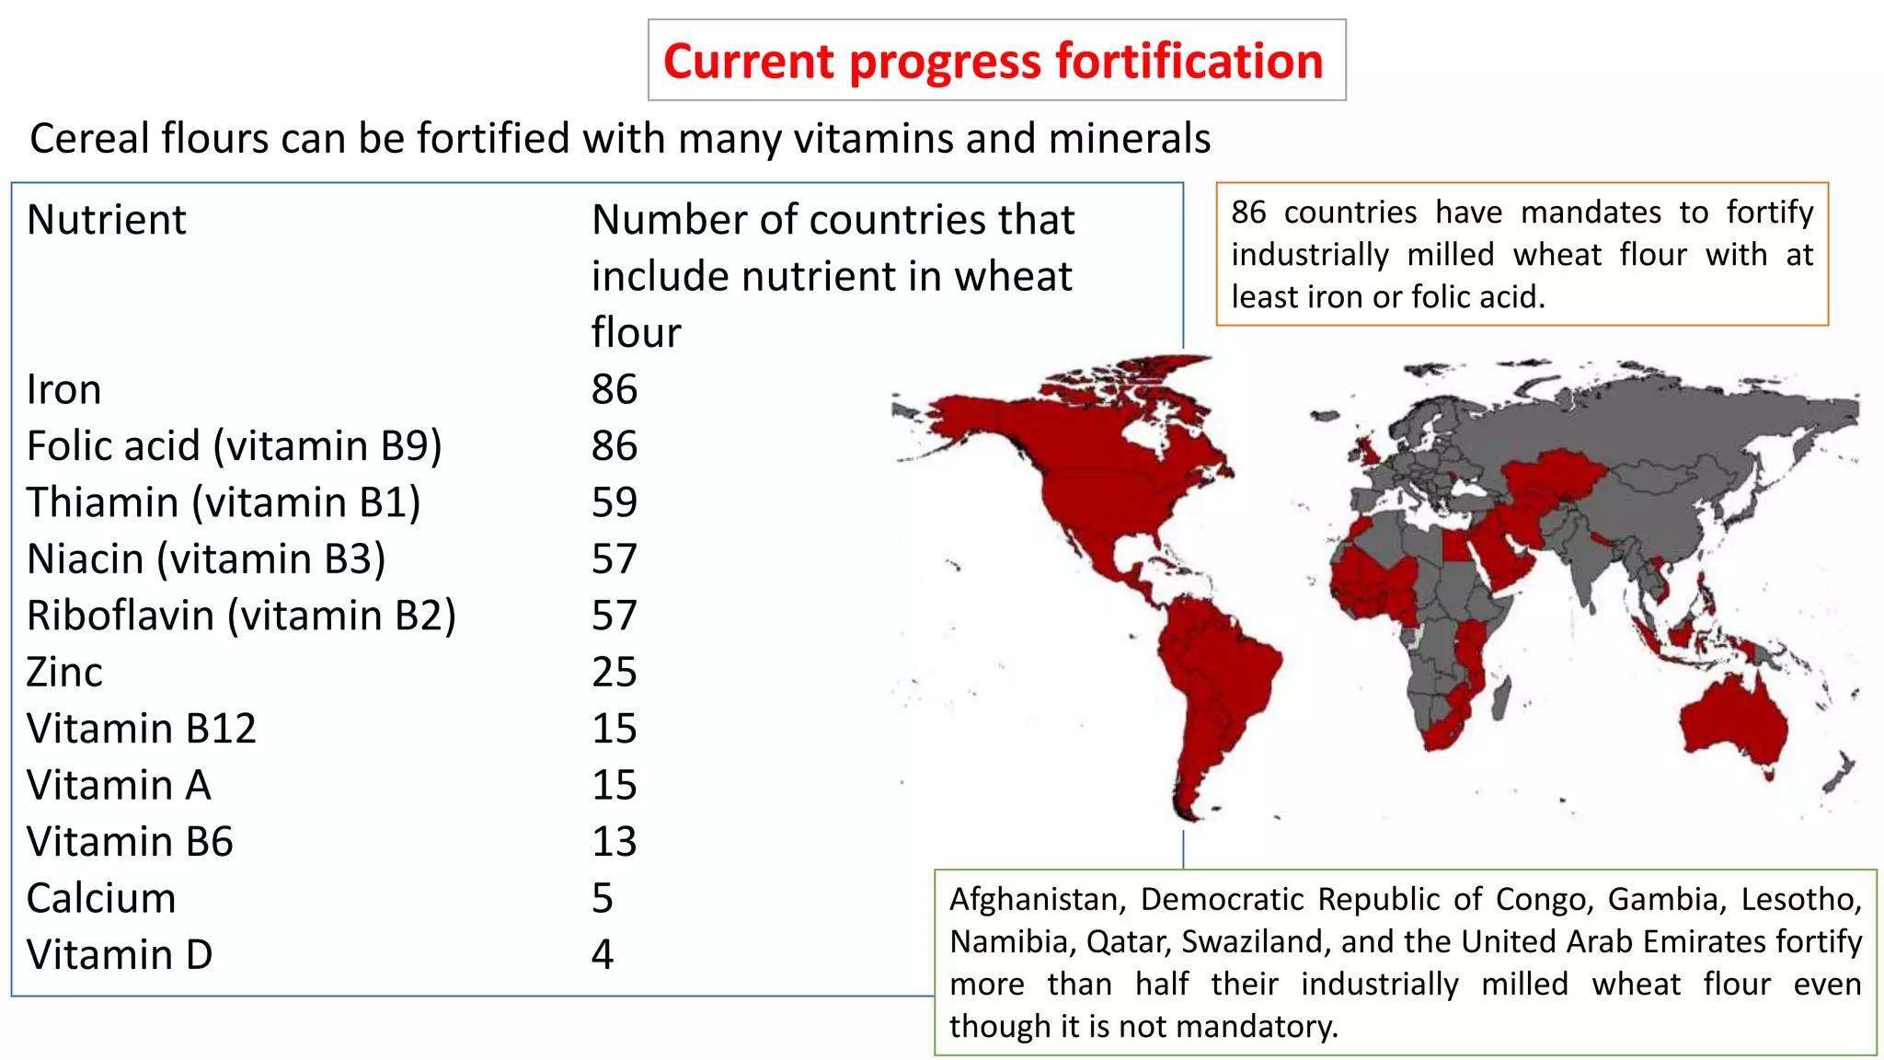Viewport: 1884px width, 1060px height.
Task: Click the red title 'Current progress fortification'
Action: (x=994, y=61)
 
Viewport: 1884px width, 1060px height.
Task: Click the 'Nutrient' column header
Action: (x=107, y=220)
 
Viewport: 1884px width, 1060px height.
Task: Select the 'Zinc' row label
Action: (x=64, y=673)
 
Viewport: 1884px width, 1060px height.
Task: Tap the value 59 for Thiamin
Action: (x=614, y=502)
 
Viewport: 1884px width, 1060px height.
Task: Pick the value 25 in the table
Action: (x=614, y=673)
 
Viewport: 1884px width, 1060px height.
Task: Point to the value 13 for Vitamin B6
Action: (x=614, y=842)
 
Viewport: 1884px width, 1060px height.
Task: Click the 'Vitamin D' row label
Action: (x=120, y=955)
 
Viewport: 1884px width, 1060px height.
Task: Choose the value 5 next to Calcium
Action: (x=603, y=898)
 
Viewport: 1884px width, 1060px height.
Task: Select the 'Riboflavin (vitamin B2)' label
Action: (x=241, y=616)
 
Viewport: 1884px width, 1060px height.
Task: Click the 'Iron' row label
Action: (x=63, y=390)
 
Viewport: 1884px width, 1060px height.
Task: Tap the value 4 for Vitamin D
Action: (x=603, y=955)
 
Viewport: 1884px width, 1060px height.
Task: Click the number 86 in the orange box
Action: (x=1248, y=213)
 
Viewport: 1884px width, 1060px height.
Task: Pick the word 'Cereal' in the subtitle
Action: (x=89, y=139)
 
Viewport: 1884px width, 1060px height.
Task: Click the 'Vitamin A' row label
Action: (x=119, y=786)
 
